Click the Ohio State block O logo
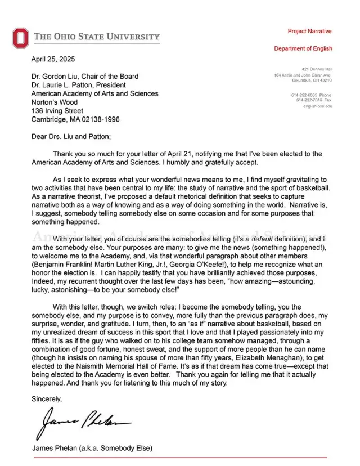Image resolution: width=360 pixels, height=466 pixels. (x=20, y=38)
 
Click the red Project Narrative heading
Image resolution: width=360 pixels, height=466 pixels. (x=309, y=31)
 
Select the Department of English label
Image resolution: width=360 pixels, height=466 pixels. (x=303, y=48)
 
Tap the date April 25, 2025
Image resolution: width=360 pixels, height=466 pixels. (x=53, y=59)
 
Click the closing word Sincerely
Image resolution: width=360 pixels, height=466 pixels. (x=47, y=399)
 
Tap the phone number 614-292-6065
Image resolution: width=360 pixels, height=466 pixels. (x=304, y=95)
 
